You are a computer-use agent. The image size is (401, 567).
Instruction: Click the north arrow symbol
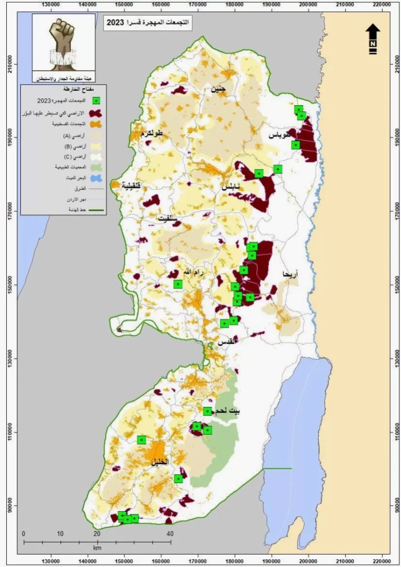pos(373,39)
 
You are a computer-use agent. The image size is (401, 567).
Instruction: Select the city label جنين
pos(218,89)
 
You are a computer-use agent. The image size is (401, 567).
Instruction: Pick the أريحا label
pos(290,273)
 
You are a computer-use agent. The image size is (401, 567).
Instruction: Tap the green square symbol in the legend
pos(96,101)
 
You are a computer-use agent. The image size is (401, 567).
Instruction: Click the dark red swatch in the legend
pos(95,113)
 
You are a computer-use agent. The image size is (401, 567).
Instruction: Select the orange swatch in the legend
pos(95,125)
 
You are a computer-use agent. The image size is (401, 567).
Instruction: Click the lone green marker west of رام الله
pos(178,284)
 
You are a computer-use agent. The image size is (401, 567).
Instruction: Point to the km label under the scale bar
pos(97,548)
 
